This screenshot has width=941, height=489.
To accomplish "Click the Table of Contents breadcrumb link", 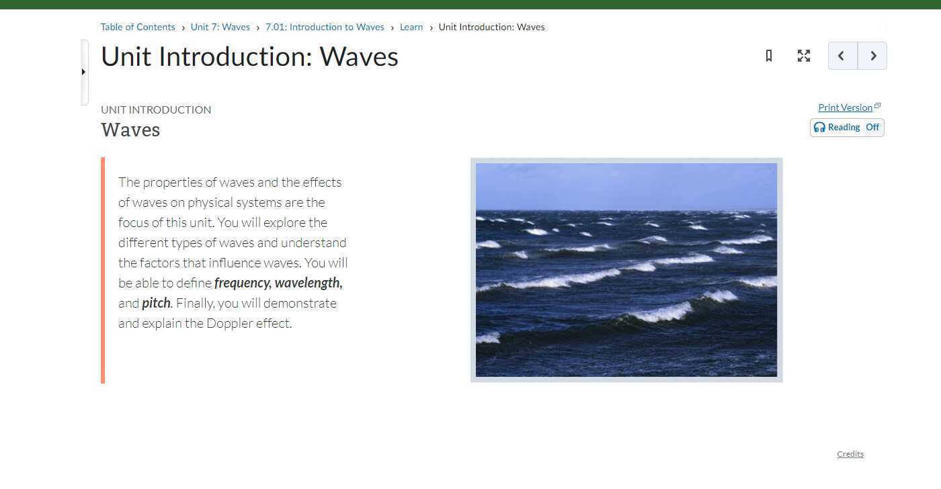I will pyautogui.click(x=138, y=28).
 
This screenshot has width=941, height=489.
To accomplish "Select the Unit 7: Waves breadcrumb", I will pyautogui.click(x=220, y=28).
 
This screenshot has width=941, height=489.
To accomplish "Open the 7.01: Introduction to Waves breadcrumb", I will pyautogui.click(x=325, y=28).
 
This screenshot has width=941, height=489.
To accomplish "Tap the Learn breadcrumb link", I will pyautogui.click(x=411, y=28).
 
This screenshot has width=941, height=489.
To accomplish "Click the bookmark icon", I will pyautogui.click(x=769, y=56).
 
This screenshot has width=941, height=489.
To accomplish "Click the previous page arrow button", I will pyautogui.click(x=842, y=56).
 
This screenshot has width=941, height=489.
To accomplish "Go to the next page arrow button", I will pyautogui.click(x=872, y=56).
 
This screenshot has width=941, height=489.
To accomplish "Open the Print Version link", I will pyautogui.click(x=845, y=107).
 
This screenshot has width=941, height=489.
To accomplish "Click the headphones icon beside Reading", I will pyautogui.click(x=819, y=128).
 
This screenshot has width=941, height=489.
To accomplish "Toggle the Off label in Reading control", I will pyautogui.click(x=872, y=128).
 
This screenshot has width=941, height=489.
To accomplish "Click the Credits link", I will pyautogui.click(x=850, y=454).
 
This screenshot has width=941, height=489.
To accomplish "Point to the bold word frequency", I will pyautogui.click(x=242, y=283).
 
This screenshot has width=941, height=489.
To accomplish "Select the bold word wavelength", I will pyautogui.click(x=308, y=283).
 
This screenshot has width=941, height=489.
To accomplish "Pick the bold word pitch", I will pyautogui.click(x=156, y=304).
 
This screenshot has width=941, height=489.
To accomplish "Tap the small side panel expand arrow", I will pyautogui.click(x=83, y=72).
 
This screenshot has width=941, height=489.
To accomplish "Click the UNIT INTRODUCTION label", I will pyautogui.click(x=156, y=109).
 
